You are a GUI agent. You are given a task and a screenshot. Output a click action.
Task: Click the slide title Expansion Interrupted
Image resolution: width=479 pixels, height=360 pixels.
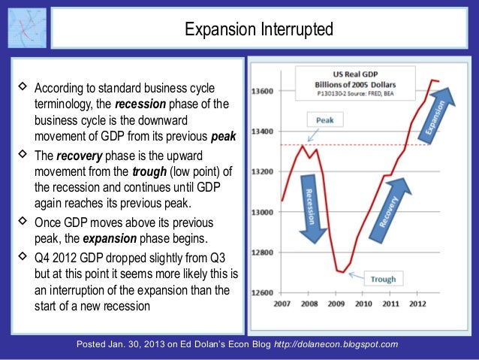pos(260,30)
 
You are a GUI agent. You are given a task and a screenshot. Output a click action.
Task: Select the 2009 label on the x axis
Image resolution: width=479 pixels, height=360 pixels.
pos(336,304)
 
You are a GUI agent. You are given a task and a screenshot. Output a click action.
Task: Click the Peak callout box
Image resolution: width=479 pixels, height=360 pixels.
pos(325,120)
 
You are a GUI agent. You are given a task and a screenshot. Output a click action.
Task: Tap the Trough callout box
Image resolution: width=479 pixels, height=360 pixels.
pos(383,280)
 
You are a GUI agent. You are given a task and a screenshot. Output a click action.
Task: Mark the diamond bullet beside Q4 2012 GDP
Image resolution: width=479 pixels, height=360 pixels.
pos(20,255)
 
